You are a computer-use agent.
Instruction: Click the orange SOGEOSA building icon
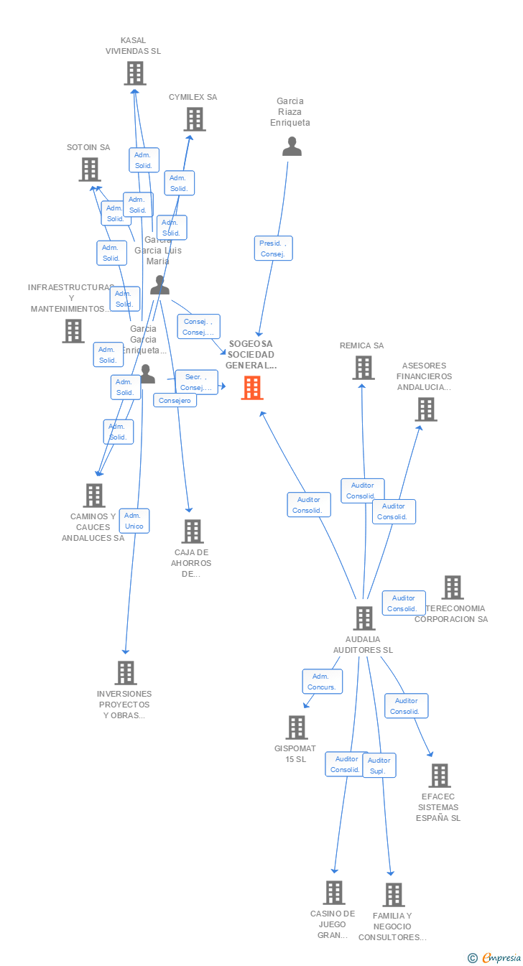251,388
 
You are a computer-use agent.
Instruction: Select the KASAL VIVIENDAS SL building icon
134,73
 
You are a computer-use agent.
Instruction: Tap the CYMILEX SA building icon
194,119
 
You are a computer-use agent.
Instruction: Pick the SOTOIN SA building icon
89,169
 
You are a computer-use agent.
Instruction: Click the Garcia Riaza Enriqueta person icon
292,147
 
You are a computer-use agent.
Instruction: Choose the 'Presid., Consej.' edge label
273,249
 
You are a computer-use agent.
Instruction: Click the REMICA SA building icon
364,368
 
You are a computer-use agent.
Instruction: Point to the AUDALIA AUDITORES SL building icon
364,618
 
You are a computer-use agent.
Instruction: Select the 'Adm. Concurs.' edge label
322,682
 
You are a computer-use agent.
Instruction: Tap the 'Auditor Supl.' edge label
379,766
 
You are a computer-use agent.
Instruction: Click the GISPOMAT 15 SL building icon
296,728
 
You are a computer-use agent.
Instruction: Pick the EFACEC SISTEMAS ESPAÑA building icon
440,776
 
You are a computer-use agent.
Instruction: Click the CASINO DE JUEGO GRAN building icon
333,893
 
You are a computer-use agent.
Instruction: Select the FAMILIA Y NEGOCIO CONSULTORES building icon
393,895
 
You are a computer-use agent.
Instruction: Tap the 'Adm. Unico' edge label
134,521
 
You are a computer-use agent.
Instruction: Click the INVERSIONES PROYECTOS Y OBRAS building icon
126,673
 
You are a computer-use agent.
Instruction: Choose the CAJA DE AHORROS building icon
192,531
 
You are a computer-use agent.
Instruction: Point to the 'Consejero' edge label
175,400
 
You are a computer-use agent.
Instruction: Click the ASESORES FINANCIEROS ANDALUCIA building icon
426,409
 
